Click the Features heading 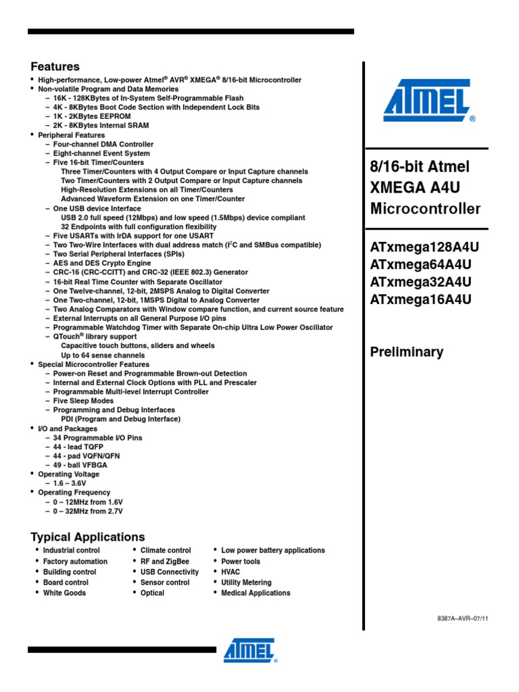click(55, 66)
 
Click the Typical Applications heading click(87, 537)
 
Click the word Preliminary click(407, 351)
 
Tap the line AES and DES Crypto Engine click(102, 263)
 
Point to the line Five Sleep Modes click(84, 401)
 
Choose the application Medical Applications click(255, 593)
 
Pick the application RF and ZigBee click(164, 561)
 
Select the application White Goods click(64, 593)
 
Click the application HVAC click(230, 572)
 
